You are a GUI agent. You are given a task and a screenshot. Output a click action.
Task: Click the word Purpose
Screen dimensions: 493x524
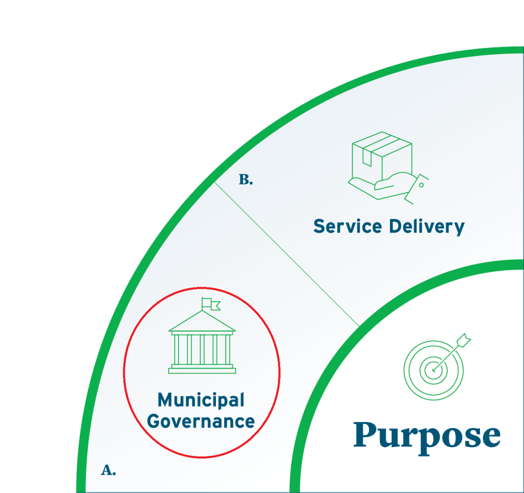coord(427,436)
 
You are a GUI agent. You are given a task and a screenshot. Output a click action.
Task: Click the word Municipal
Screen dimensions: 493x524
coord(201,400)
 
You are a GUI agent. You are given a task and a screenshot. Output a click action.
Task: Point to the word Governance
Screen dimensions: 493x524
coord(201,421)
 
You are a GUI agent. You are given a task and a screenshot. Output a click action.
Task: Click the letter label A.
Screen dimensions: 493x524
coord(108,471)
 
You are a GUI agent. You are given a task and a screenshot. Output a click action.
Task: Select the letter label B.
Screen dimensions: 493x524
coord(246,180)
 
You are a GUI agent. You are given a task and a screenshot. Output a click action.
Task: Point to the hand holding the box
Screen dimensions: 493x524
coord(394,186)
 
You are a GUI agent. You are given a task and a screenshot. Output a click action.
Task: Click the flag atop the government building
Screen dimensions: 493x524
coord(210,303)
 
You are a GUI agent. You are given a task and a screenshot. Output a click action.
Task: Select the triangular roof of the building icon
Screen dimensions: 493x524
coord(202,323)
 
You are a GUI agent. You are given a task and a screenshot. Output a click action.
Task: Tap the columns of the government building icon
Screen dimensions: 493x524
coord(202,348)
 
